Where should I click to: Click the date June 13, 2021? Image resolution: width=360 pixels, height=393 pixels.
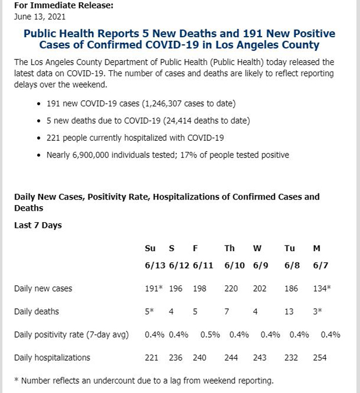(39, 17)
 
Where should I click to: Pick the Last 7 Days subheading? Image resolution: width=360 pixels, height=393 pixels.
(38, 225)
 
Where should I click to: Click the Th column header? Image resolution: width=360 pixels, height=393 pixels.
(229, 248)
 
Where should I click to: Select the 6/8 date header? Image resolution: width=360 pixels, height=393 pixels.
(292, 266)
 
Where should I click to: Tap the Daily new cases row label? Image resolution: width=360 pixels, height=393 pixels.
(43, 288)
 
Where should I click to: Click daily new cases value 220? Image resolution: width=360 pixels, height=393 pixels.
(231, 288)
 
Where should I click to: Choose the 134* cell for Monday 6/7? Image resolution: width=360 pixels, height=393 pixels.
(322, 288)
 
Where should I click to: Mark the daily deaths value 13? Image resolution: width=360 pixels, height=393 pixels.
(289, 312)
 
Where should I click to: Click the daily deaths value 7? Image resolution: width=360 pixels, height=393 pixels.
(227, 312)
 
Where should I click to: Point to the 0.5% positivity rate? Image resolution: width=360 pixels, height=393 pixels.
(210, 335)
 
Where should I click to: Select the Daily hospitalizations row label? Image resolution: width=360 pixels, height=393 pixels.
(52, 358)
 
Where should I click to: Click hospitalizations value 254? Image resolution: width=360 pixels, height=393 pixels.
(320, 358)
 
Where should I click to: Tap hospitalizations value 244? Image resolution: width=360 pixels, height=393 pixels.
(231, 358)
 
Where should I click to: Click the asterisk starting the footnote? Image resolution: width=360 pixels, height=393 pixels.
(17, 380)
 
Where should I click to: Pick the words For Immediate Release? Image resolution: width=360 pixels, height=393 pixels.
(64, 5)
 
